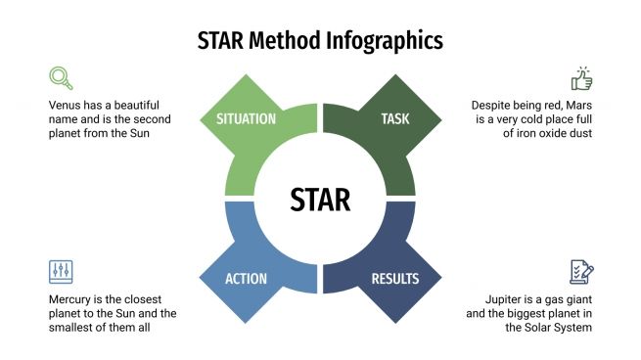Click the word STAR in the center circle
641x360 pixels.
click(320, 199)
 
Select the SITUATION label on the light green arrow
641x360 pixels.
click(246, 119)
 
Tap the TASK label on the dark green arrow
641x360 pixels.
click(395, 119)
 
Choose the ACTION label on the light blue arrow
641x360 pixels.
click(246, 279)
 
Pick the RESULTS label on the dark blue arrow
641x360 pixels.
click(395, 279)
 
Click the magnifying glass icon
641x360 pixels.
click(61, 78)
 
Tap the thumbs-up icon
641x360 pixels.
click(581, 78)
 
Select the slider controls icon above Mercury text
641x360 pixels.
click(61, 272)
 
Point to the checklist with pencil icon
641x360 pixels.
click(581, 272)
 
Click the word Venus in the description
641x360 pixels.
click(67, 105)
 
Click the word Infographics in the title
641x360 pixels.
click(384, 41)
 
